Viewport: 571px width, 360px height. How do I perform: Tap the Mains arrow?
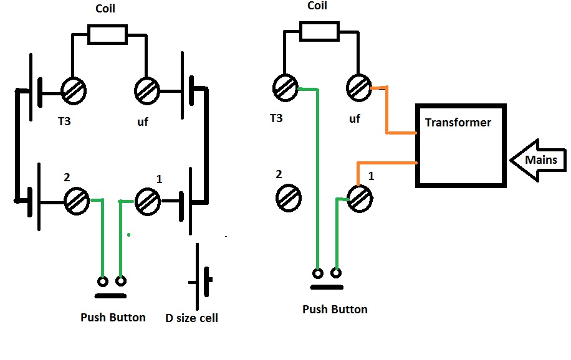coord(537,161)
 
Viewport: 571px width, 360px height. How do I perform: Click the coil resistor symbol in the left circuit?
coord(108,34)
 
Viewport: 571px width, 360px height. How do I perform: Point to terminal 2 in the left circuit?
coord(77,201)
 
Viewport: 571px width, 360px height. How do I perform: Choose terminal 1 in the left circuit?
coord(149,201)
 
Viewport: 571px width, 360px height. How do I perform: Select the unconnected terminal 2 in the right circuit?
coord(288,199)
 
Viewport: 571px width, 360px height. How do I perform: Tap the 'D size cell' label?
coord(191,318)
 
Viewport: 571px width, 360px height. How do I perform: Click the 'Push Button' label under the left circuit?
coord(113,318)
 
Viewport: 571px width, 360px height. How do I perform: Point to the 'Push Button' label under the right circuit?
coord(335,310)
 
